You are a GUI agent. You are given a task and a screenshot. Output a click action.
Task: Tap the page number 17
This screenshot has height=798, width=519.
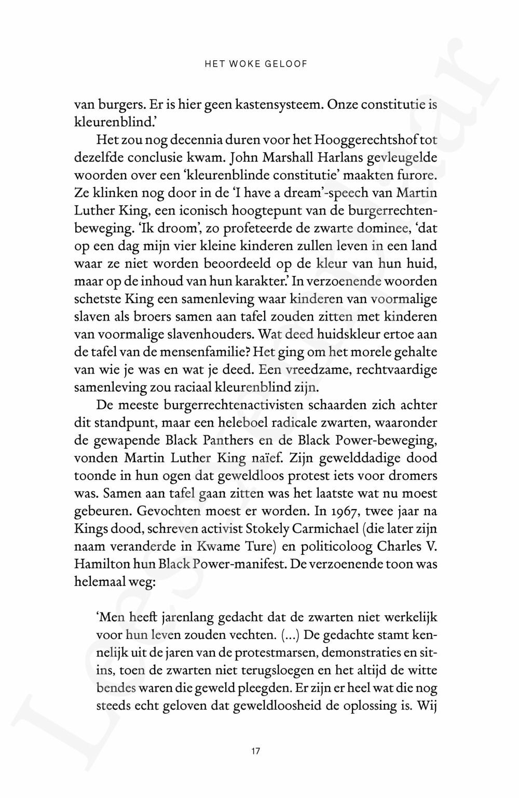coord(255,751)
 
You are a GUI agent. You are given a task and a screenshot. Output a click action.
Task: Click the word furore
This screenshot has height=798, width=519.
coord(418,175)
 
